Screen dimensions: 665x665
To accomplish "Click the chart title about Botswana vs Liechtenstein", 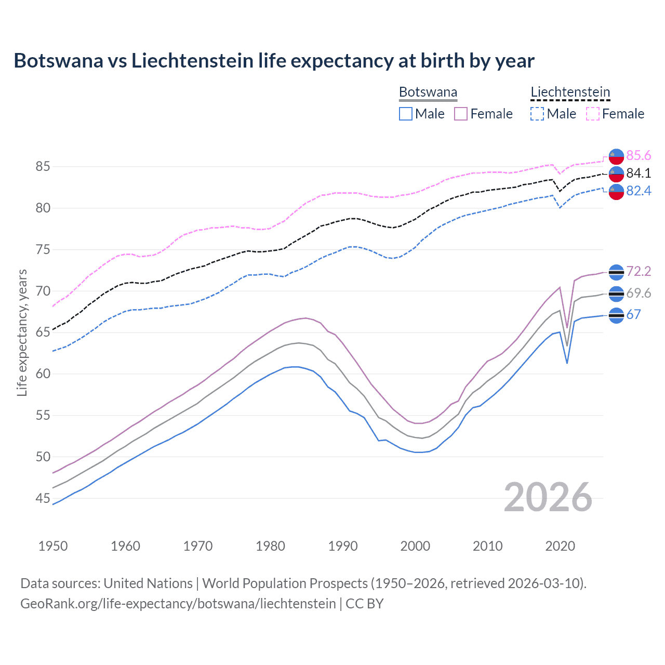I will [x=274, y=61].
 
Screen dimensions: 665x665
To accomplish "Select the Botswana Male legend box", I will [x=406, y=114].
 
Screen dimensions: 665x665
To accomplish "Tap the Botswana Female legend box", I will [x=461, y=114].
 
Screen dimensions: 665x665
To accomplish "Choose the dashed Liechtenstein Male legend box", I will [x=537, y=114].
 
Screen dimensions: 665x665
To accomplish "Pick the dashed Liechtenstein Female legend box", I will [x=593, y=114].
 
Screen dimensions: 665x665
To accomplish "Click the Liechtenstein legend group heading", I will [x=570, y=92].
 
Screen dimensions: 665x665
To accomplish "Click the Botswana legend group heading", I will [x=428, y=92].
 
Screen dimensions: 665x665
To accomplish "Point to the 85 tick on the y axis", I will [x=43, y=167].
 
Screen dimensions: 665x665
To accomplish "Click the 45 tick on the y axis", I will [x=43, y=499].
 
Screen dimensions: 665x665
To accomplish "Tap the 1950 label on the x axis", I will [x=53, y=546].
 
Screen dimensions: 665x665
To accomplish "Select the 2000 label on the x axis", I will [x=415, y=546].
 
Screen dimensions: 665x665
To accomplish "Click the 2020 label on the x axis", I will [x=560, y=546].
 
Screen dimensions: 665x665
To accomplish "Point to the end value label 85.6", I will [x=639, y=156].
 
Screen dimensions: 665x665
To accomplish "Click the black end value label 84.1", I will [x=639, y=174].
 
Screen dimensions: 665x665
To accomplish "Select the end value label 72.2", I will [x=639, y=272].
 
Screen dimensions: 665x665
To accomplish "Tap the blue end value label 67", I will [x=633, y=315].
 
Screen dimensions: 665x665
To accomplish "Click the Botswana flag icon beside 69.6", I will [x=616, y=294].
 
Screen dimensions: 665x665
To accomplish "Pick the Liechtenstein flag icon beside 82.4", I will [x=616, y=191].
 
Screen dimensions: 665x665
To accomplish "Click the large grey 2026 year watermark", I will [x=548, y=497].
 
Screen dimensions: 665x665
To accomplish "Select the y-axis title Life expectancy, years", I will [x=22, y=332].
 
